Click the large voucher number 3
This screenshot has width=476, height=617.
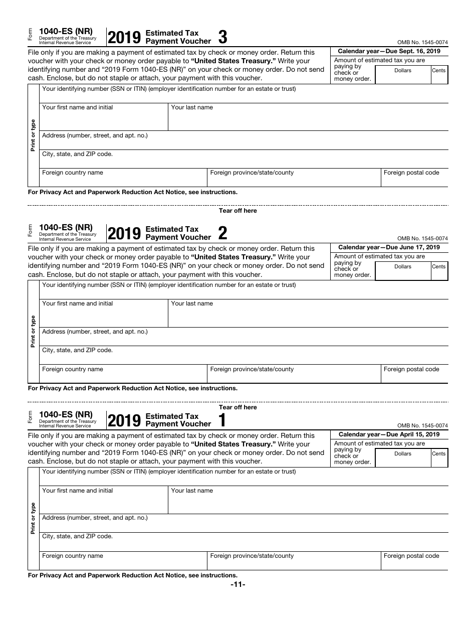(223, 38)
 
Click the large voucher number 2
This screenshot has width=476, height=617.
(223, 233)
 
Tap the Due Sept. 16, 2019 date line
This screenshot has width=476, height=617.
(389, 51)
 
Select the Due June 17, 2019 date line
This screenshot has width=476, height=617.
(389, 247)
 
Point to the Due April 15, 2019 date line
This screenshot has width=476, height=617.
(389, 434)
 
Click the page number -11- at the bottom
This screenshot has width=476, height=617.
(237, 585)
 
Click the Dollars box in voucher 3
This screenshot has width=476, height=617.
(402, 75)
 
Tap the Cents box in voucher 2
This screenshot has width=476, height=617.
(438, 271)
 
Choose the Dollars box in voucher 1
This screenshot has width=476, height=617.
(402, 458)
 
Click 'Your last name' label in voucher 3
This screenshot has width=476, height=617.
(192, 107)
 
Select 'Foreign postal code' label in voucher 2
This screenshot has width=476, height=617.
(411, 369)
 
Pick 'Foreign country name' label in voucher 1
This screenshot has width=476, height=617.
(73, 556)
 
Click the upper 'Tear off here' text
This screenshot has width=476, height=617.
(237, 211)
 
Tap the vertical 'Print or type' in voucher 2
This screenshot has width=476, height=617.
(33, 331)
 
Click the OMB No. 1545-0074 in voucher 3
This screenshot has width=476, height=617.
(422, 43)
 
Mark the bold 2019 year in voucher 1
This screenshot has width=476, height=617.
(124, 421)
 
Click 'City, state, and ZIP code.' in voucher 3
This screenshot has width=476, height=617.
(77, 154)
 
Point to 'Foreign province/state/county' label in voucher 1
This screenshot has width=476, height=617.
(252, 556)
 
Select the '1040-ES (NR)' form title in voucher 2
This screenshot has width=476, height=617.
(66, 227)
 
